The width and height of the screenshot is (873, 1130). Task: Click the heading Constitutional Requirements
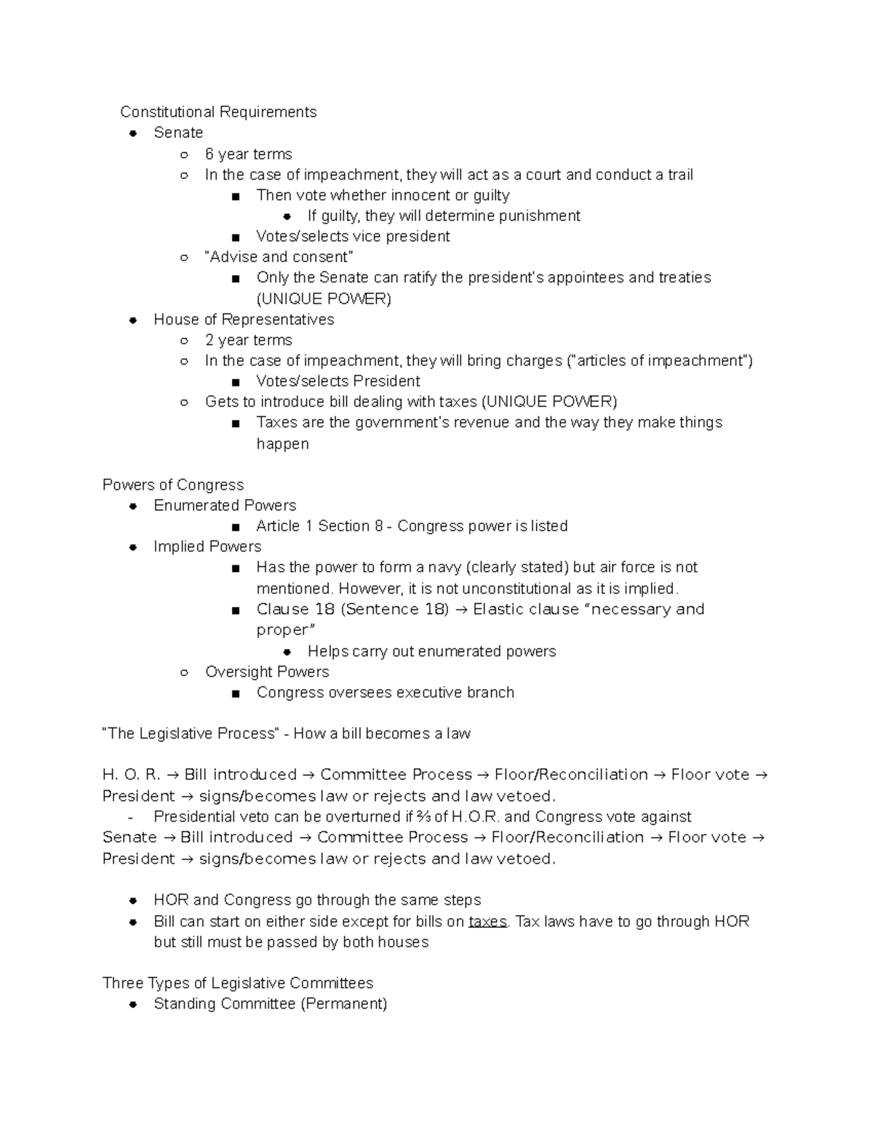pos(218,112)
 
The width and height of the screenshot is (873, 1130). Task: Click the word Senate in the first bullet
pos(178,132)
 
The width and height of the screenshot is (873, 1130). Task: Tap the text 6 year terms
pos(248,154)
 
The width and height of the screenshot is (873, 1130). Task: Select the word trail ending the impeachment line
pos(679,175)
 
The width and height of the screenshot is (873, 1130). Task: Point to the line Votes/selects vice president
pos(353,236)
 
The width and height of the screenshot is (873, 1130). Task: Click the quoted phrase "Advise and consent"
pos(279,257)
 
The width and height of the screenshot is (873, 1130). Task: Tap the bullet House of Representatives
pos(244,319)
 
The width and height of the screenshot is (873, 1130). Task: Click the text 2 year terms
pos(248,340)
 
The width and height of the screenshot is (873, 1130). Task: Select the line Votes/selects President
pos(338,381)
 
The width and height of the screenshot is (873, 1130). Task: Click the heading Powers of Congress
pos(173,485)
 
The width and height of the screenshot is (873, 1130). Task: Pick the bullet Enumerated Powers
pos(225,505)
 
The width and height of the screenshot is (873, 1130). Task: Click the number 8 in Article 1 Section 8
pos(378,526)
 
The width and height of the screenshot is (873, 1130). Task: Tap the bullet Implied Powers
pos(207,546)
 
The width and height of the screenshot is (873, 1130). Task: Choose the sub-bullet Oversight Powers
pos(267,672)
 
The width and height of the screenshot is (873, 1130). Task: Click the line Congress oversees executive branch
pos(385,692)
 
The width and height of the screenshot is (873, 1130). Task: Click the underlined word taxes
pos(487,921)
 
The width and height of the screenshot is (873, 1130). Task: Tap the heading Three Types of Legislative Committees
pos(238,983)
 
